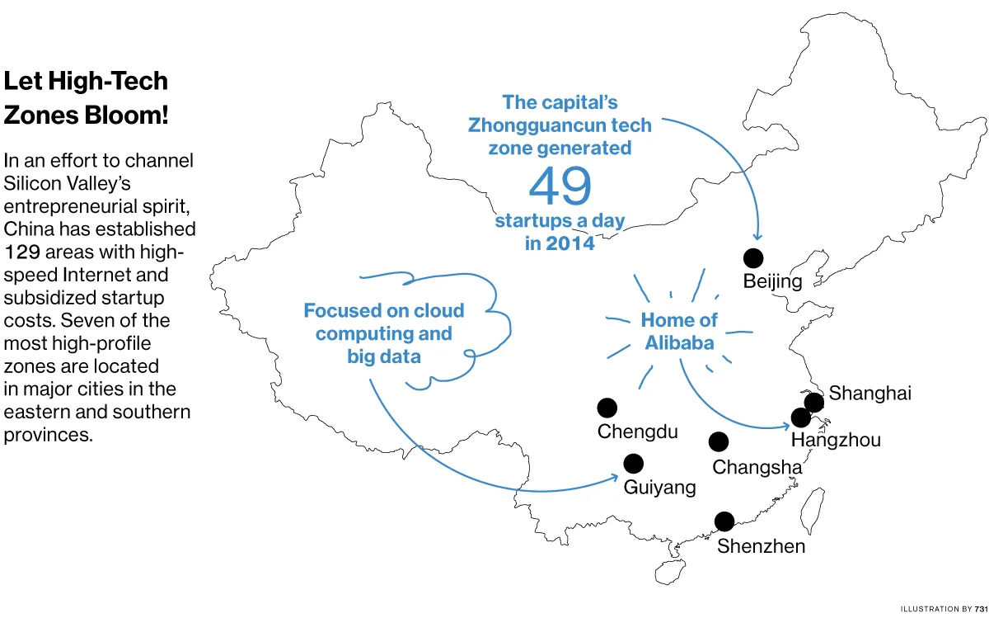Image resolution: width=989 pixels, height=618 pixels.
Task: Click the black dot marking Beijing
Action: [x=753, y=258]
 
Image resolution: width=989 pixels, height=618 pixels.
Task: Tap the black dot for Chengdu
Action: [x=607, y=408]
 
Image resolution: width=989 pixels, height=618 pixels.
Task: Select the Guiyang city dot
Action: [x=633, y=464]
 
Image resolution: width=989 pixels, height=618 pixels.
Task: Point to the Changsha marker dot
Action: [x=719, y=442]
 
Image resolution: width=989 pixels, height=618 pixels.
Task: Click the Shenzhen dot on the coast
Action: [x=724, y=521]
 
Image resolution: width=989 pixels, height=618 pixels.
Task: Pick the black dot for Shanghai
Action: [x=813, y=403]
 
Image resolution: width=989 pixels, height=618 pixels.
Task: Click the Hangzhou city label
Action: [x=836, y=440]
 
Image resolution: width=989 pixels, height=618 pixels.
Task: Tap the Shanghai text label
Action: [x=869, y=393]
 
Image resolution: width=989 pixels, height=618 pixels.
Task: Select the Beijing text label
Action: [x=772, y=281]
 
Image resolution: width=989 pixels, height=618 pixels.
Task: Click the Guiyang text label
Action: [x=659, y=487]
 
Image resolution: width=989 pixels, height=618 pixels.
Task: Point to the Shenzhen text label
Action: [x=761, y=545]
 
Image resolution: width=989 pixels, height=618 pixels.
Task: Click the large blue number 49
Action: [x=560, y=186]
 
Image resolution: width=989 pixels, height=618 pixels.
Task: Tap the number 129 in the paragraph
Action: [x=23, y=252]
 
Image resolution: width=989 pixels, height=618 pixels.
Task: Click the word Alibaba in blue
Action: [x=679, y=342]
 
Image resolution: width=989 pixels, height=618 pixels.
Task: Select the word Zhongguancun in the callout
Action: [x=537, y=125]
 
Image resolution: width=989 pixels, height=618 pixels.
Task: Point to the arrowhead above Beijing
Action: [x=757, y=238]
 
